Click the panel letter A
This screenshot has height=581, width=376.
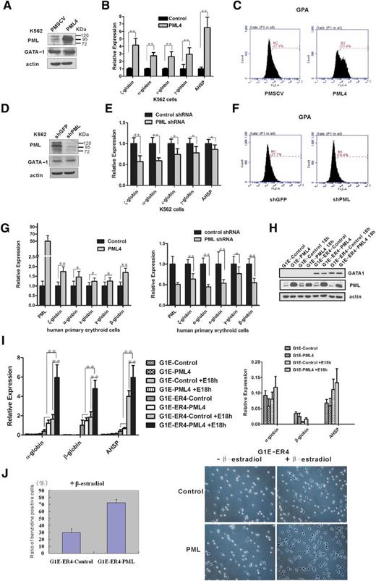coord(7,8)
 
